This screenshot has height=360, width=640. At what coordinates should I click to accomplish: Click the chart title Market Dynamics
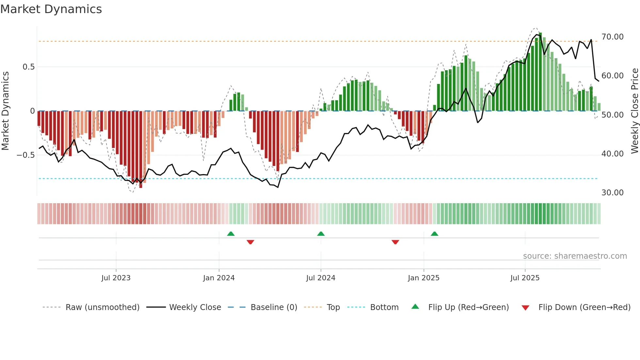[51, 9]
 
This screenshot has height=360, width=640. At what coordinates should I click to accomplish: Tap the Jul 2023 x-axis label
[116, 278]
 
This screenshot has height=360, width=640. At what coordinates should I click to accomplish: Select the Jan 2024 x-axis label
[219, 278]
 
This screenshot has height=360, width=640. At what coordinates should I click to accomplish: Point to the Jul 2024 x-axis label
[321, 278]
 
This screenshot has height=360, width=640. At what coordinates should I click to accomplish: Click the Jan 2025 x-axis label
[424, 278]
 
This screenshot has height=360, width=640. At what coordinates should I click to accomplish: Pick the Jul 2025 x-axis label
[525, 278]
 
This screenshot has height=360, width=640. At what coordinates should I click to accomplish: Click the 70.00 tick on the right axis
[612, 37]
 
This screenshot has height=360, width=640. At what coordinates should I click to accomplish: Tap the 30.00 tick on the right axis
[612, 193]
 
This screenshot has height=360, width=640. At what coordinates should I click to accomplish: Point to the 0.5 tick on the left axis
[28, 67]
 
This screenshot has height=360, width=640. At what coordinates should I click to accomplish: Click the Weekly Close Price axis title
[634, 111]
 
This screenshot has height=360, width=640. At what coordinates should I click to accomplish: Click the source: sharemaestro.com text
[575, 256]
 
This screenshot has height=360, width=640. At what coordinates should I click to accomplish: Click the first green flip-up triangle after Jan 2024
[231, 234]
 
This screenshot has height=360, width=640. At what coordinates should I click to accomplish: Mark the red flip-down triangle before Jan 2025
[395, 242]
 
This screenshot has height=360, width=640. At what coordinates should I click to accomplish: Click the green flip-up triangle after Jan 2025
[434, 234]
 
